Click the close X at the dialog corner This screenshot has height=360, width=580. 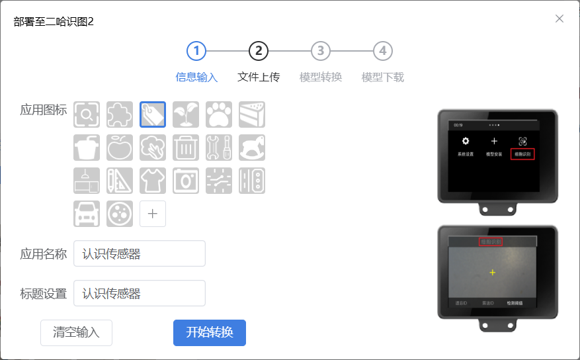(559, 19)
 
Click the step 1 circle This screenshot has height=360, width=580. (196, 51)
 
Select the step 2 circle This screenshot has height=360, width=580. (259, 51)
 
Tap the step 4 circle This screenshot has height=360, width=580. (382, 51)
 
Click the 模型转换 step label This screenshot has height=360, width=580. (321, 77)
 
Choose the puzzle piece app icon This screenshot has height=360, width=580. (120, 114)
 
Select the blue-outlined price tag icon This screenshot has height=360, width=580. (153, 114)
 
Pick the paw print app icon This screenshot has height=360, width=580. (219, 114)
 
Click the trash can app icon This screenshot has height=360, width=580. (186, 148)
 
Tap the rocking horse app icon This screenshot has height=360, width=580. (252, 148)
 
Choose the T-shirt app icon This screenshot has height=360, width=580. (153, 181)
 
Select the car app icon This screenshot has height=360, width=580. (87, 214)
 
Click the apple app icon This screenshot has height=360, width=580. (120, 148)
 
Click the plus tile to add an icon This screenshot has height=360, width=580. (153, 214)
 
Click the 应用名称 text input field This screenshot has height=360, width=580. (140, 253)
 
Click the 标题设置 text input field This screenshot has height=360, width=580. (140, 293)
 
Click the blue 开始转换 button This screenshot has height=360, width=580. (210, 332)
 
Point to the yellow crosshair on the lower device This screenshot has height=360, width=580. (493, 272)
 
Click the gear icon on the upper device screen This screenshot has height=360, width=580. (466, 141)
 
